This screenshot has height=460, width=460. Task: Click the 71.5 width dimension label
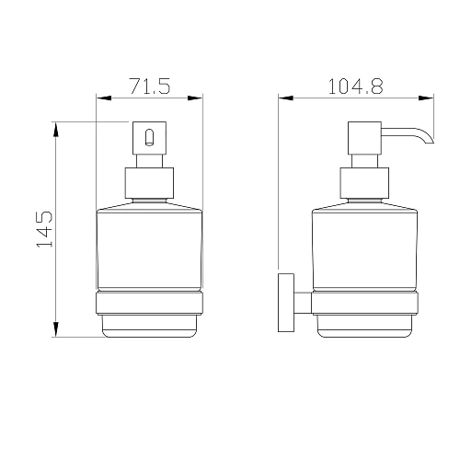click(150, 86)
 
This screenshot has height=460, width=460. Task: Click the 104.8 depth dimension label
click(356, 86)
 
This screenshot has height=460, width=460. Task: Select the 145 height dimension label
click(44, 229)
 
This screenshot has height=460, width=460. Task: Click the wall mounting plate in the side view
click(286, 303)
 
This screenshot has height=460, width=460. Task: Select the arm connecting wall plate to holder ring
click(303, 303)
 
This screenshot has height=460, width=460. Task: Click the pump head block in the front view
click(149, 138)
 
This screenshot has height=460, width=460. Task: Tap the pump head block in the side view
click(364, 138)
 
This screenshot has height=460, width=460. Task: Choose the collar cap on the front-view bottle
click(149, 183)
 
